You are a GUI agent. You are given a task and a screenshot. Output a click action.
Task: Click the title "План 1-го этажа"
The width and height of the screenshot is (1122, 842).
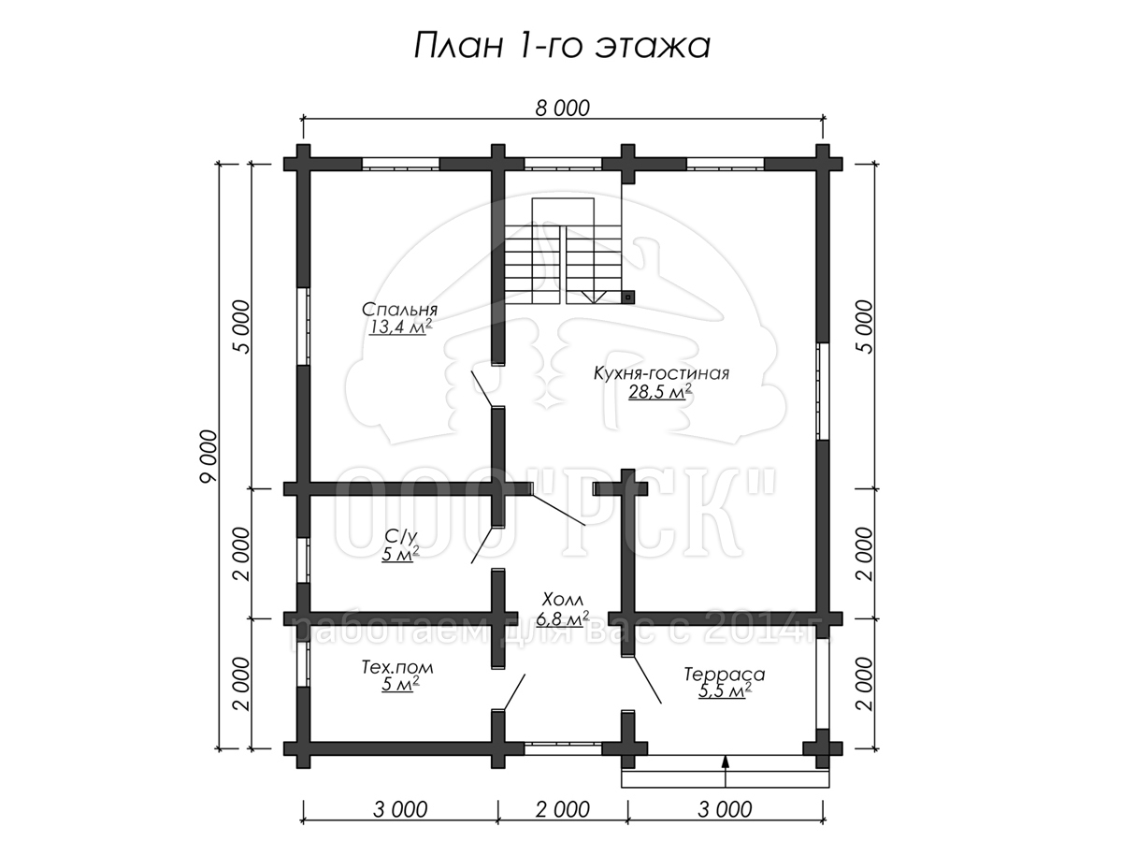562,46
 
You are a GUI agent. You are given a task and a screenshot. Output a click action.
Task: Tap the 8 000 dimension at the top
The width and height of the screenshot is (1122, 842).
562,108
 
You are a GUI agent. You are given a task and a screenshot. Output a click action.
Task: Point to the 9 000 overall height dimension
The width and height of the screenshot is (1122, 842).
209,456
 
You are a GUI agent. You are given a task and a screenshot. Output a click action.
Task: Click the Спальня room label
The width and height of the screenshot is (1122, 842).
400,310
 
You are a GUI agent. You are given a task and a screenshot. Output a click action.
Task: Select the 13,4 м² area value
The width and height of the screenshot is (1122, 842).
400,327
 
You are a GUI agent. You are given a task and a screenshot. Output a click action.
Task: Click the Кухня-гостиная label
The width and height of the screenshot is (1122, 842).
661,373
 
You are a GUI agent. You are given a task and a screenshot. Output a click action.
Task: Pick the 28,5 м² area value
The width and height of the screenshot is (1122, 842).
660,392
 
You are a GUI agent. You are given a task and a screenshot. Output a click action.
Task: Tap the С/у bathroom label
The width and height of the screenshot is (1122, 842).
401,536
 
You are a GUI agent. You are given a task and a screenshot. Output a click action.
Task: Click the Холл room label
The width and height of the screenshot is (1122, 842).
563,599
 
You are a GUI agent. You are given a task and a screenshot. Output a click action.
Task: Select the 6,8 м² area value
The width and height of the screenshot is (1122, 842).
563,618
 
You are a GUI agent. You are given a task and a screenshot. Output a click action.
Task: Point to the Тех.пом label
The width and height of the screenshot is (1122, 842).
397,667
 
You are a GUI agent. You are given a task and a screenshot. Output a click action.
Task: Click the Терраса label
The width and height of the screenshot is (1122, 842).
725,675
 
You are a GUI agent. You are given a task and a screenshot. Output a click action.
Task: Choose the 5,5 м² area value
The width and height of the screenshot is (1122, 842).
725,691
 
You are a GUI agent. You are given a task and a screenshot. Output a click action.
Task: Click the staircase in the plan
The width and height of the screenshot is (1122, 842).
563,251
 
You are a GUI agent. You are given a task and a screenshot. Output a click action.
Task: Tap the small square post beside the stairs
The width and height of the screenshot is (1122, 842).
628,297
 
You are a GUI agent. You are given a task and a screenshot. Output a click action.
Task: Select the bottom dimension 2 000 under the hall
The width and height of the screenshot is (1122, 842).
562,809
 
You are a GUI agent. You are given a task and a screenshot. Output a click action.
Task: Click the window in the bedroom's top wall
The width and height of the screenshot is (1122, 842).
401,164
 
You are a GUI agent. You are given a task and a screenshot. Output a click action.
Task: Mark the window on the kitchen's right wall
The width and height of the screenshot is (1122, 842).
822,391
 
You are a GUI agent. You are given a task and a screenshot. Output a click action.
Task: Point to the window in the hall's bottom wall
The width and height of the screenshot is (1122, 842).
563,749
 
